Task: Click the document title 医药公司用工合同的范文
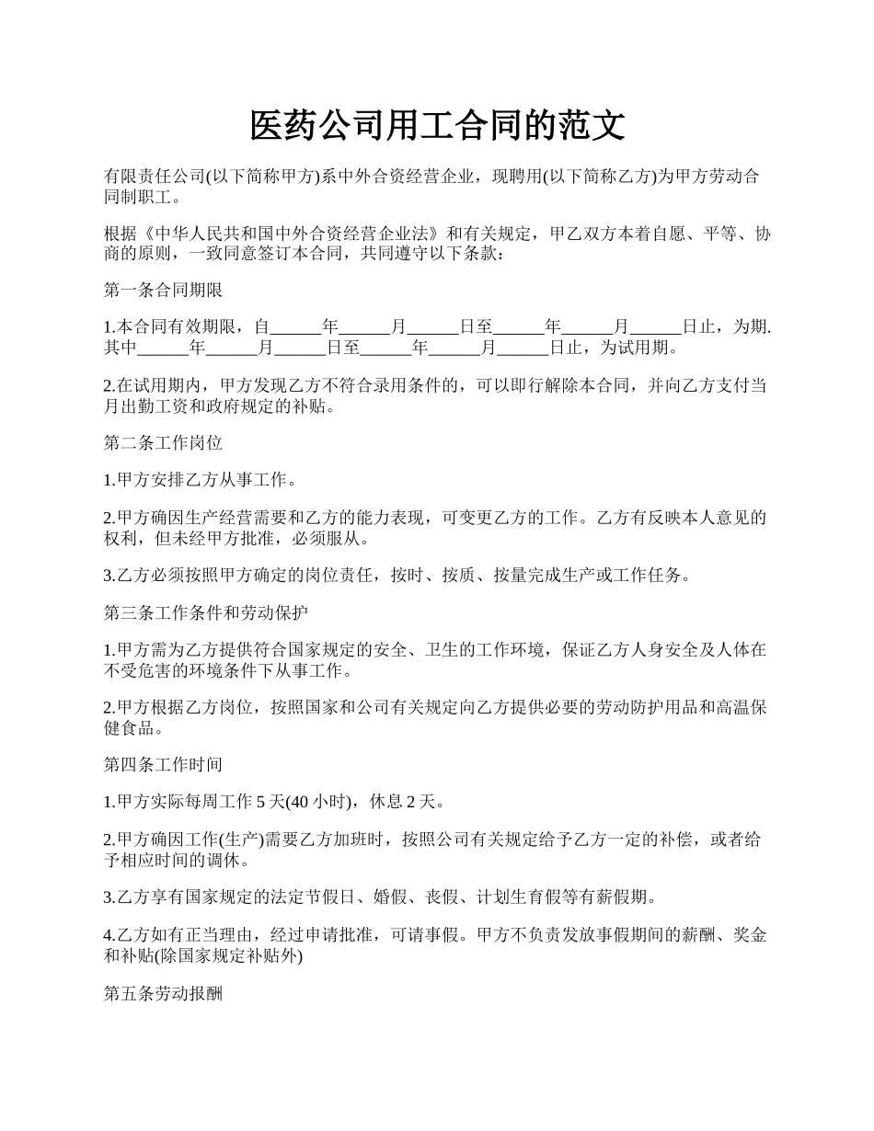(437, 125)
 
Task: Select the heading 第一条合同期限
(163, 291)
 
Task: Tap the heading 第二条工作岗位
(163, 443)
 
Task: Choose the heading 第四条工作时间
(163, 765)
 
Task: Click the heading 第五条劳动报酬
(163, 995)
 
